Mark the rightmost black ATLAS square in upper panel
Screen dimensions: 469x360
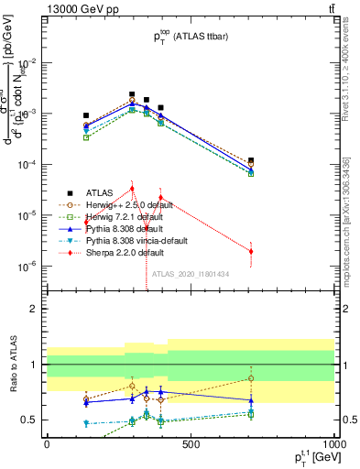click(251, 160)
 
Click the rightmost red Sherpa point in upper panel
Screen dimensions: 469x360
click(251, 251)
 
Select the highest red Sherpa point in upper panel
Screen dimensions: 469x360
click(132, 189)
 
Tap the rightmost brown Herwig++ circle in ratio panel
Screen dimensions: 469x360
click(251, 378)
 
